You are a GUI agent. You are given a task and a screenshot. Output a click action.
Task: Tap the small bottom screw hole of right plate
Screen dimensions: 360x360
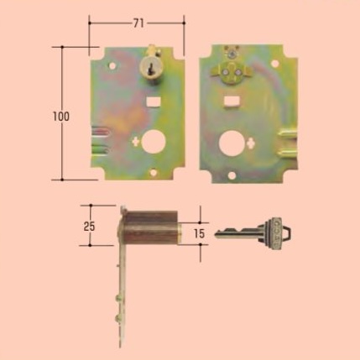(x=232, y=175)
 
